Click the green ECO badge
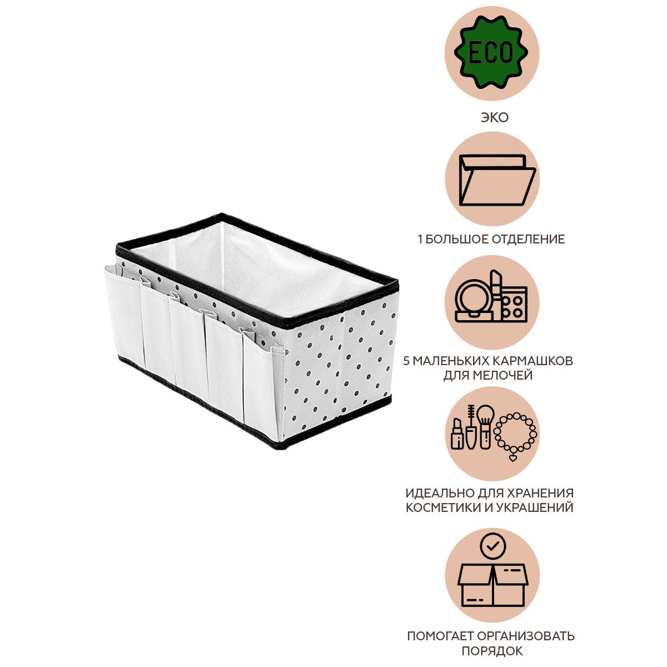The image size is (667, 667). pos(491,53)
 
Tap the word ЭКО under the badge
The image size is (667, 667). pos(495,118)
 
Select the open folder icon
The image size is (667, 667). pos(497,181)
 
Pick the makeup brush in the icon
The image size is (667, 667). pos(485,426)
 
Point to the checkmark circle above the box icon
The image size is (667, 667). pos(493,546)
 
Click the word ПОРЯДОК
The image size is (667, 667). pos(492,651)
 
